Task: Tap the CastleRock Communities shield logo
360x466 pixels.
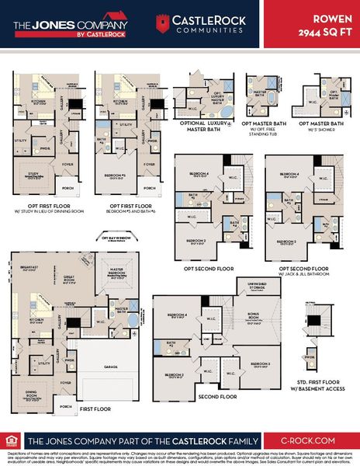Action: coord(160,23)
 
